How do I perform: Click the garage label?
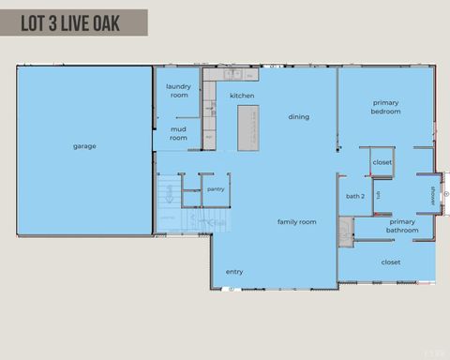(x=84, y=145)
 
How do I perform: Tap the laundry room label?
(x=178, y=91)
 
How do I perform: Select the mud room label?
(x=178, y=133)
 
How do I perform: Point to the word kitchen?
(x=242, y=96)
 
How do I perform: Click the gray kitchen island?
(x=248, y=127)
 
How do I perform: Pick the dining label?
(x=298, y=117)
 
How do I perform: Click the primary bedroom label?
(x=386, y=107)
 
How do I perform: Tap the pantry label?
(x=216, y=189)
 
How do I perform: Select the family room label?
(x=296, y=222)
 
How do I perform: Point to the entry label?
(x=234, y=272)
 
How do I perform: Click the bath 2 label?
(x=354, y=197)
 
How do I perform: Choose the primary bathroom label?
(x=402, y=226)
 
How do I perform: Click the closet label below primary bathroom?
(x=391, y=262)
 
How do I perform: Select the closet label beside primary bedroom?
(x=382, y=162)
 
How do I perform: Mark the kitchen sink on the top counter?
(x=232, y=74)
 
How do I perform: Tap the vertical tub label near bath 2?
(x=378, y=195)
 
